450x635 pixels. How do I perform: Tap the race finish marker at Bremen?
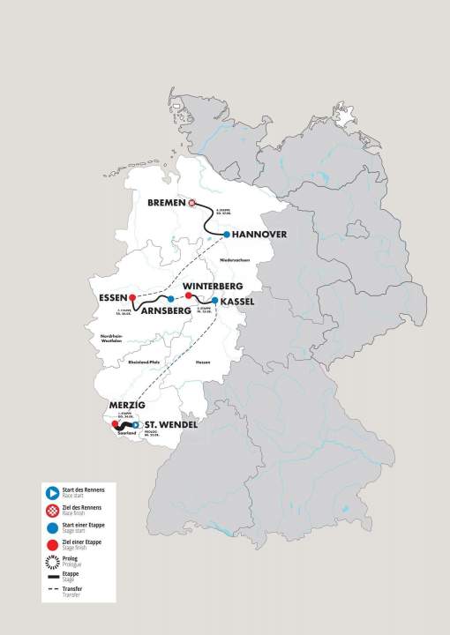point(192,202)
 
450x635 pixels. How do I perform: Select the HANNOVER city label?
point(264,235)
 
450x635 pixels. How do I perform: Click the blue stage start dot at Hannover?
point(227,235)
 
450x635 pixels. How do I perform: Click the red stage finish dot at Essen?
point(132,297)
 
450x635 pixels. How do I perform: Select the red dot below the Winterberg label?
point(188,296)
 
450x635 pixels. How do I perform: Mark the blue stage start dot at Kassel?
point(214,301)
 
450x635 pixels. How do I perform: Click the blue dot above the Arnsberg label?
point(171,299)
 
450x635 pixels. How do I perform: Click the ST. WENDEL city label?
point(169,425)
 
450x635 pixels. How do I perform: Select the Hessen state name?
point(202,362)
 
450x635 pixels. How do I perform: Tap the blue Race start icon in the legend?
point(55,490)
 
